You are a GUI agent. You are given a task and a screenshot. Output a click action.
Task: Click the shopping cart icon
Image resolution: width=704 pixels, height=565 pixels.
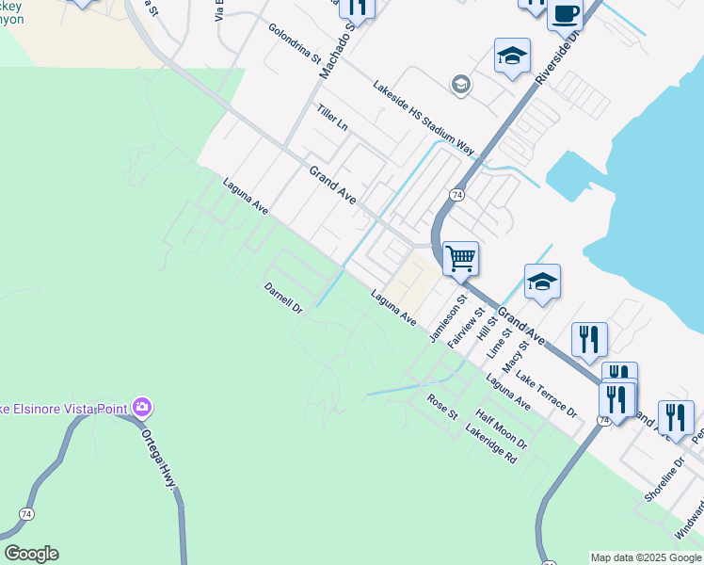tap(460, 256)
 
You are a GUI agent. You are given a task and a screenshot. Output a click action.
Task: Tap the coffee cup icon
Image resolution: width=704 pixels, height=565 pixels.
tap(565, 14)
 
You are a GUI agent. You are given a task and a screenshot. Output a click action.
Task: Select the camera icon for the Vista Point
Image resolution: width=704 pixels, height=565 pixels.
tap(142, 408)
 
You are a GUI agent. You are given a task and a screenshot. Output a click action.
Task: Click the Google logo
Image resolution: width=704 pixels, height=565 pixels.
tap(31, 554)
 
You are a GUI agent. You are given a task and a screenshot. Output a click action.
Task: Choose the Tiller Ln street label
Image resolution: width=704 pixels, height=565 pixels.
tap(332, 118)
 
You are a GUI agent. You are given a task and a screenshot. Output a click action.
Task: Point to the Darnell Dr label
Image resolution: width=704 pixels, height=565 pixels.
tap(283, 297)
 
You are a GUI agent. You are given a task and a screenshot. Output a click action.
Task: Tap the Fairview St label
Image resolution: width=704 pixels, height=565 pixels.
tap(467, 328)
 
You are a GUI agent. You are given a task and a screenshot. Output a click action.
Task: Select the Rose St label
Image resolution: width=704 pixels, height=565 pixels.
tap(442, 407)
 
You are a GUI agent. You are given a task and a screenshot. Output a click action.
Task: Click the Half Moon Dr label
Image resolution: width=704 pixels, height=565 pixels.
tap(502, 428)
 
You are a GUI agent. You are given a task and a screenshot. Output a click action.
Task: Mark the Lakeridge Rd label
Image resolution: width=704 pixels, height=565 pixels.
tap(491, 443)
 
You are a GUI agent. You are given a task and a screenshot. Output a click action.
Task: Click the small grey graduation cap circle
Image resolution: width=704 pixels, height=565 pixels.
tap(460, 86)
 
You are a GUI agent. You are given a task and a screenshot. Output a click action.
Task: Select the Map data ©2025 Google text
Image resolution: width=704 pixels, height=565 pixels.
tap(646, 557)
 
